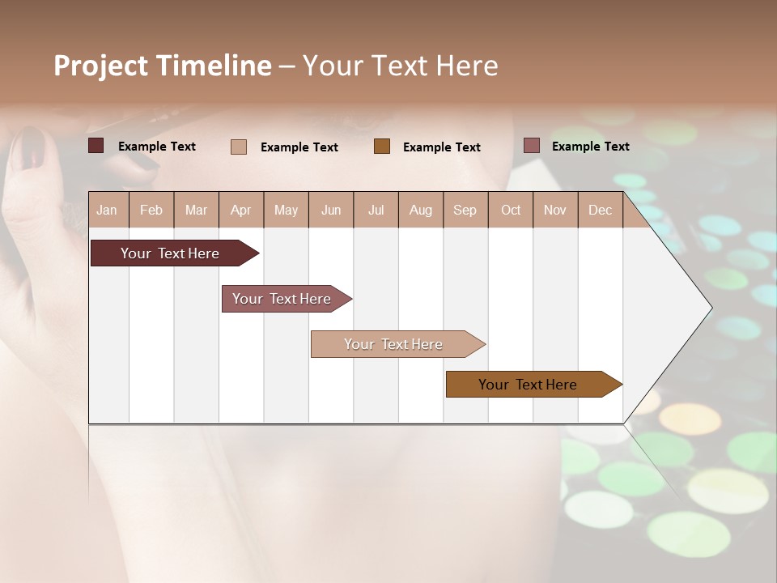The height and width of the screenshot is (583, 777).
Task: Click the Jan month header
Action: coord(107,211)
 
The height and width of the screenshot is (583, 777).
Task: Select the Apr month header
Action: coord(241,211)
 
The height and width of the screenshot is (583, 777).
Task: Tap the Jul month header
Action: coord(376,211)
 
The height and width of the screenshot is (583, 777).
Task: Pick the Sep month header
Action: coord(465,211)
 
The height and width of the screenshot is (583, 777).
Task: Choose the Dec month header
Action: coord(600,211)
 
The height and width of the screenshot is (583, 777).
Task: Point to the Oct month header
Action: coord(511,211)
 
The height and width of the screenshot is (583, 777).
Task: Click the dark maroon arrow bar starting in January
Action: coord(170,253)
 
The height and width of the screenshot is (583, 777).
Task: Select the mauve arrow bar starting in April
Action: coord(282,299)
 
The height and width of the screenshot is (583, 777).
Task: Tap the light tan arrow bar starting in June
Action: coord(393,344)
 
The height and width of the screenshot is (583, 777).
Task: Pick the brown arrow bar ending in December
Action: coord(528,385)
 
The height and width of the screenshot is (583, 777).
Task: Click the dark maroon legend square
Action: coord(96,146)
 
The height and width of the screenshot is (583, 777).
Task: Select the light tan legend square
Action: coord(238,147)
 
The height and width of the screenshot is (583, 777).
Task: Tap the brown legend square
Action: coord(382,146)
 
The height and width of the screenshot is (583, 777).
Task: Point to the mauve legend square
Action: coord(531,146)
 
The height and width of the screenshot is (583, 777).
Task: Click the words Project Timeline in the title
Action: coord(162,66)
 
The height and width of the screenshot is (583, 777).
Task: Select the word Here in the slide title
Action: coord(467,66)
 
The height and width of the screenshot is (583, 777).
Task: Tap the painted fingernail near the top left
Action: coord(31,146)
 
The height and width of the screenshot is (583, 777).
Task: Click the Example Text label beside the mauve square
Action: coord(590,147)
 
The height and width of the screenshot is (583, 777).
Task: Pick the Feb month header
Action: coord(151,211)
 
